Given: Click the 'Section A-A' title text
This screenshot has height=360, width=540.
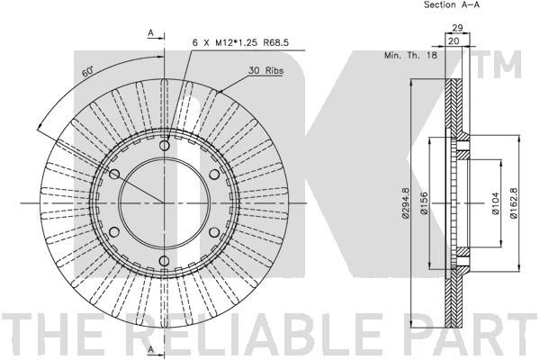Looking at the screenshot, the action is tap(452, 4).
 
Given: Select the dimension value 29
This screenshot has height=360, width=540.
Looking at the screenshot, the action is tap(457, 28).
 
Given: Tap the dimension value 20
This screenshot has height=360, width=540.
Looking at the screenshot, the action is tap(454, 41).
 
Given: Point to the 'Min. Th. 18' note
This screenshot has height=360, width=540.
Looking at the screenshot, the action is tap(410, 55).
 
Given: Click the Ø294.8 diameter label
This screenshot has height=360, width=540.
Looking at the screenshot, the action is tap(405, 202).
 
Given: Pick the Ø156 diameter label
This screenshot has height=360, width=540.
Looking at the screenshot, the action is tap(424, 203).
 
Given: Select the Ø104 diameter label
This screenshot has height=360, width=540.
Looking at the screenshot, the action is tap(495, 203).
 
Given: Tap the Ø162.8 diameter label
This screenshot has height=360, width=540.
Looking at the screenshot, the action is tap(514, 202).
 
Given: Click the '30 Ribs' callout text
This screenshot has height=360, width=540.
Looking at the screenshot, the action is tap(265, 70).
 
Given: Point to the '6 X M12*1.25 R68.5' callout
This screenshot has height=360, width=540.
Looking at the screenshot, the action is tap(240, 42).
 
